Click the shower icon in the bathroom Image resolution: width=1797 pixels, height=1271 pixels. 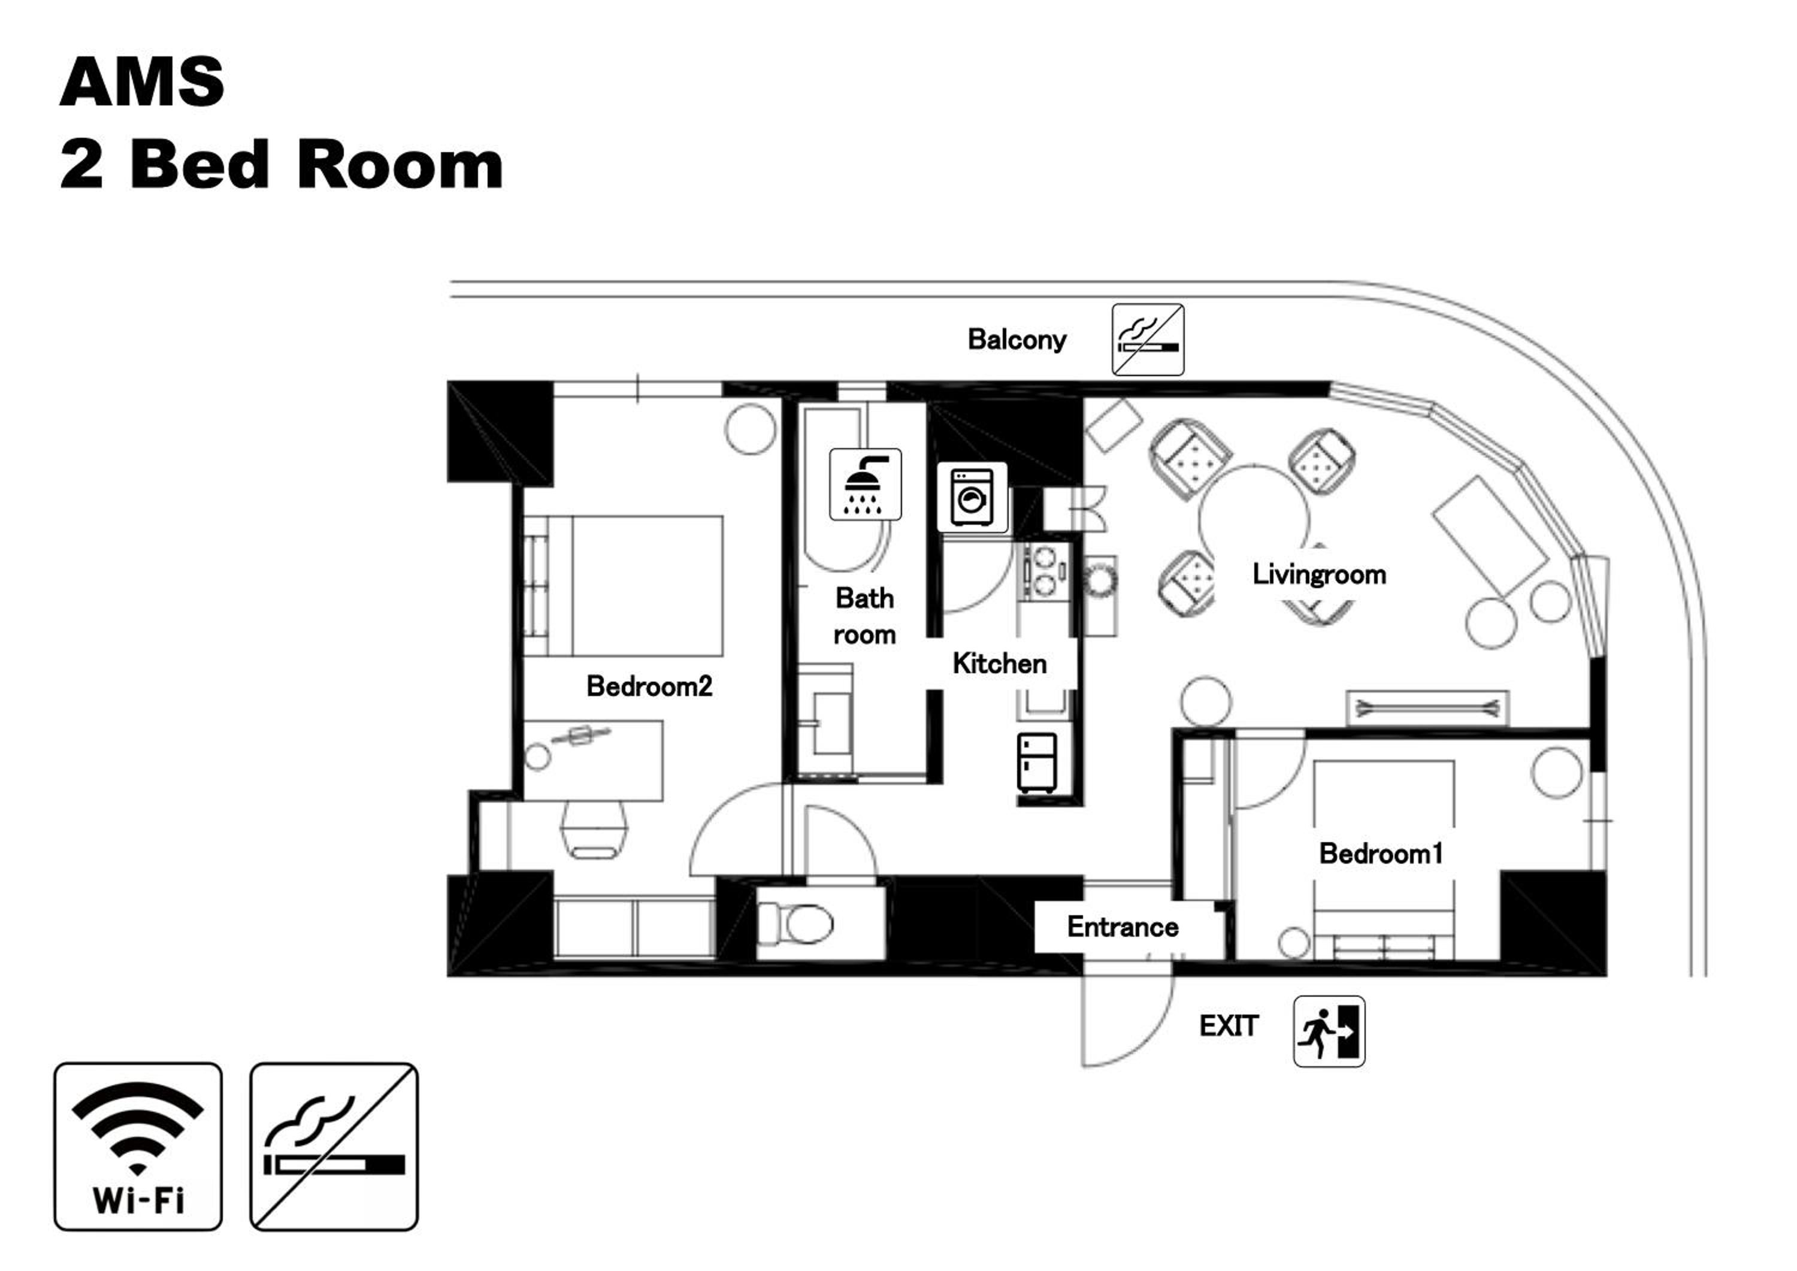coord(865,485)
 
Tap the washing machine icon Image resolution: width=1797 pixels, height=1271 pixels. coord(972,497)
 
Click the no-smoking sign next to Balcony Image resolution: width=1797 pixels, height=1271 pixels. coord(1148,340)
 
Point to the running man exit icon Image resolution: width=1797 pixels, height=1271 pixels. coord(1329,1031)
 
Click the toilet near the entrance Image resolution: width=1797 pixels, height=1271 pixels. coord(795,924)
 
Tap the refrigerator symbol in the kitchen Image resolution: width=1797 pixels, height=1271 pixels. coord(1037,763)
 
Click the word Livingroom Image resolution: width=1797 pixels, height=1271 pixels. coord(1319,574)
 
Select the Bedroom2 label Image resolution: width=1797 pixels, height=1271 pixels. coord(649,686)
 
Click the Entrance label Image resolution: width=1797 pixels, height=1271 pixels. coord(1123,927)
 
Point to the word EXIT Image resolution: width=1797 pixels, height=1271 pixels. coord(1229,1026)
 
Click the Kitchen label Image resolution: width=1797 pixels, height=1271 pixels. coord(1000,664)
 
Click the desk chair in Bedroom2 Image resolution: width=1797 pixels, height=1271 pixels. coord(594,829)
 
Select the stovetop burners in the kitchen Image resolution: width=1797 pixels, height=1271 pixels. coord(1043,571)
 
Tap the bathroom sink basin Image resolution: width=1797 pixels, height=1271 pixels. coord(831,722)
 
